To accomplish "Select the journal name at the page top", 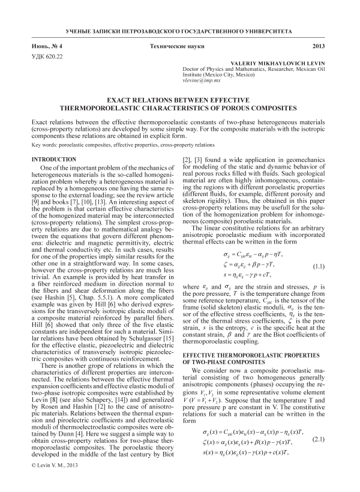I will point(180,30).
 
